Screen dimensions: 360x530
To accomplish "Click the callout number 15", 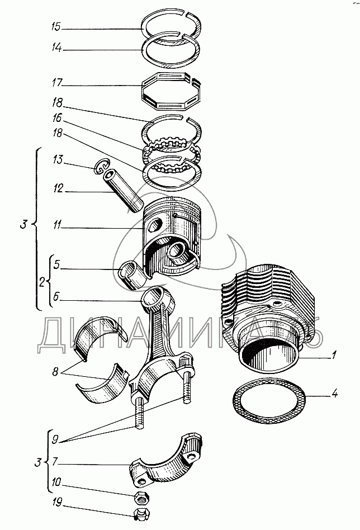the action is [x=55, y=26].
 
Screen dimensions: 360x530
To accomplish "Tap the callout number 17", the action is [x=57, y=83].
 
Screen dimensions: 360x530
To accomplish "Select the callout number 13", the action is [x=58, y=159].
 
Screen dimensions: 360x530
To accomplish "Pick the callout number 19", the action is [x=57, y=502].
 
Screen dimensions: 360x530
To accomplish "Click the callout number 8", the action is [x=55, y=371].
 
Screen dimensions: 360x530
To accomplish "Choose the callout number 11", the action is [x=57, y=224].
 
